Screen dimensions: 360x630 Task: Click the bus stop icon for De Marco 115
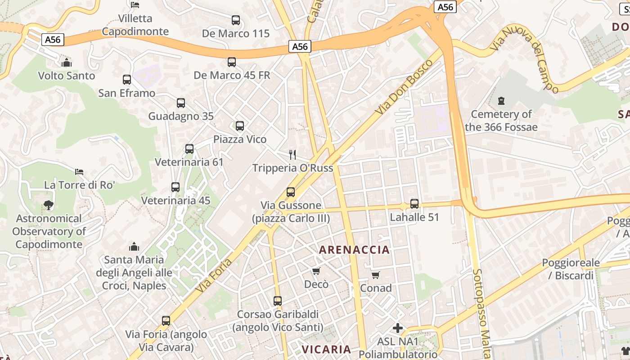pyautogui.click(x=236, y=20)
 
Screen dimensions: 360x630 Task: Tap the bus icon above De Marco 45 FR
pyautogui.click(x=232, y=62)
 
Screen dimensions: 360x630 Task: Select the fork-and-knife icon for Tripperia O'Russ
pyautogui.click(x=292, y=155)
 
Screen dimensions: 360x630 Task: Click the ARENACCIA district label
pyautogui.click(x=354, y=250)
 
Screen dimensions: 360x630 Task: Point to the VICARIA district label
pyautogui.click(x=326, y=349)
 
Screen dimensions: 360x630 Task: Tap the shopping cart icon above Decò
pyautogui.click(x=316, y=271)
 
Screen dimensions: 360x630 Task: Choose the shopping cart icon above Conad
pyautogui.click(x=376, y=274)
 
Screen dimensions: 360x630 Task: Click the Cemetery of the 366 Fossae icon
pyautogui.click(x=501, y=101)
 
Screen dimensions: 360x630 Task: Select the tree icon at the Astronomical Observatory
pyautogui.click(x=48, y=205)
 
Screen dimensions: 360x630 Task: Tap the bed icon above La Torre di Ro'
pyautogui.click(x=79, y=171)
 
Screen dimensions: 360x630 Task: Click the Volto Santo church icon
pyautogui.click(x=67, y=62)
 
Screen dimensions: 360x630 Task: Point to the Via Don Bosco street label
pyautogui.click(x=405, y=86)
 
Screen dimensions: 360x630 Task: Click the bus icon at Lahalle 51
pyautogui.click(x=414, y=204)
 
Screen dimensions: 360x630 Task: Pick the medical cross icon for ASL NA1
pyautogui.click(x=398, y=328)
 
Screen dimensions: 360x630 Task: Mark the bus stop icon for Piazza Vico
pyautogui.click(x=240, y=126)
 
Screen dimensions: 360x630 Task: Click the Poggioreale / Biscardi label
pyautogui.click(x=571, y=269)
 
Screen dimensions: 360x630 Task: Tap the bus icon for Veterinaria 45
pyautogui.click(x=175, y=187)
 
